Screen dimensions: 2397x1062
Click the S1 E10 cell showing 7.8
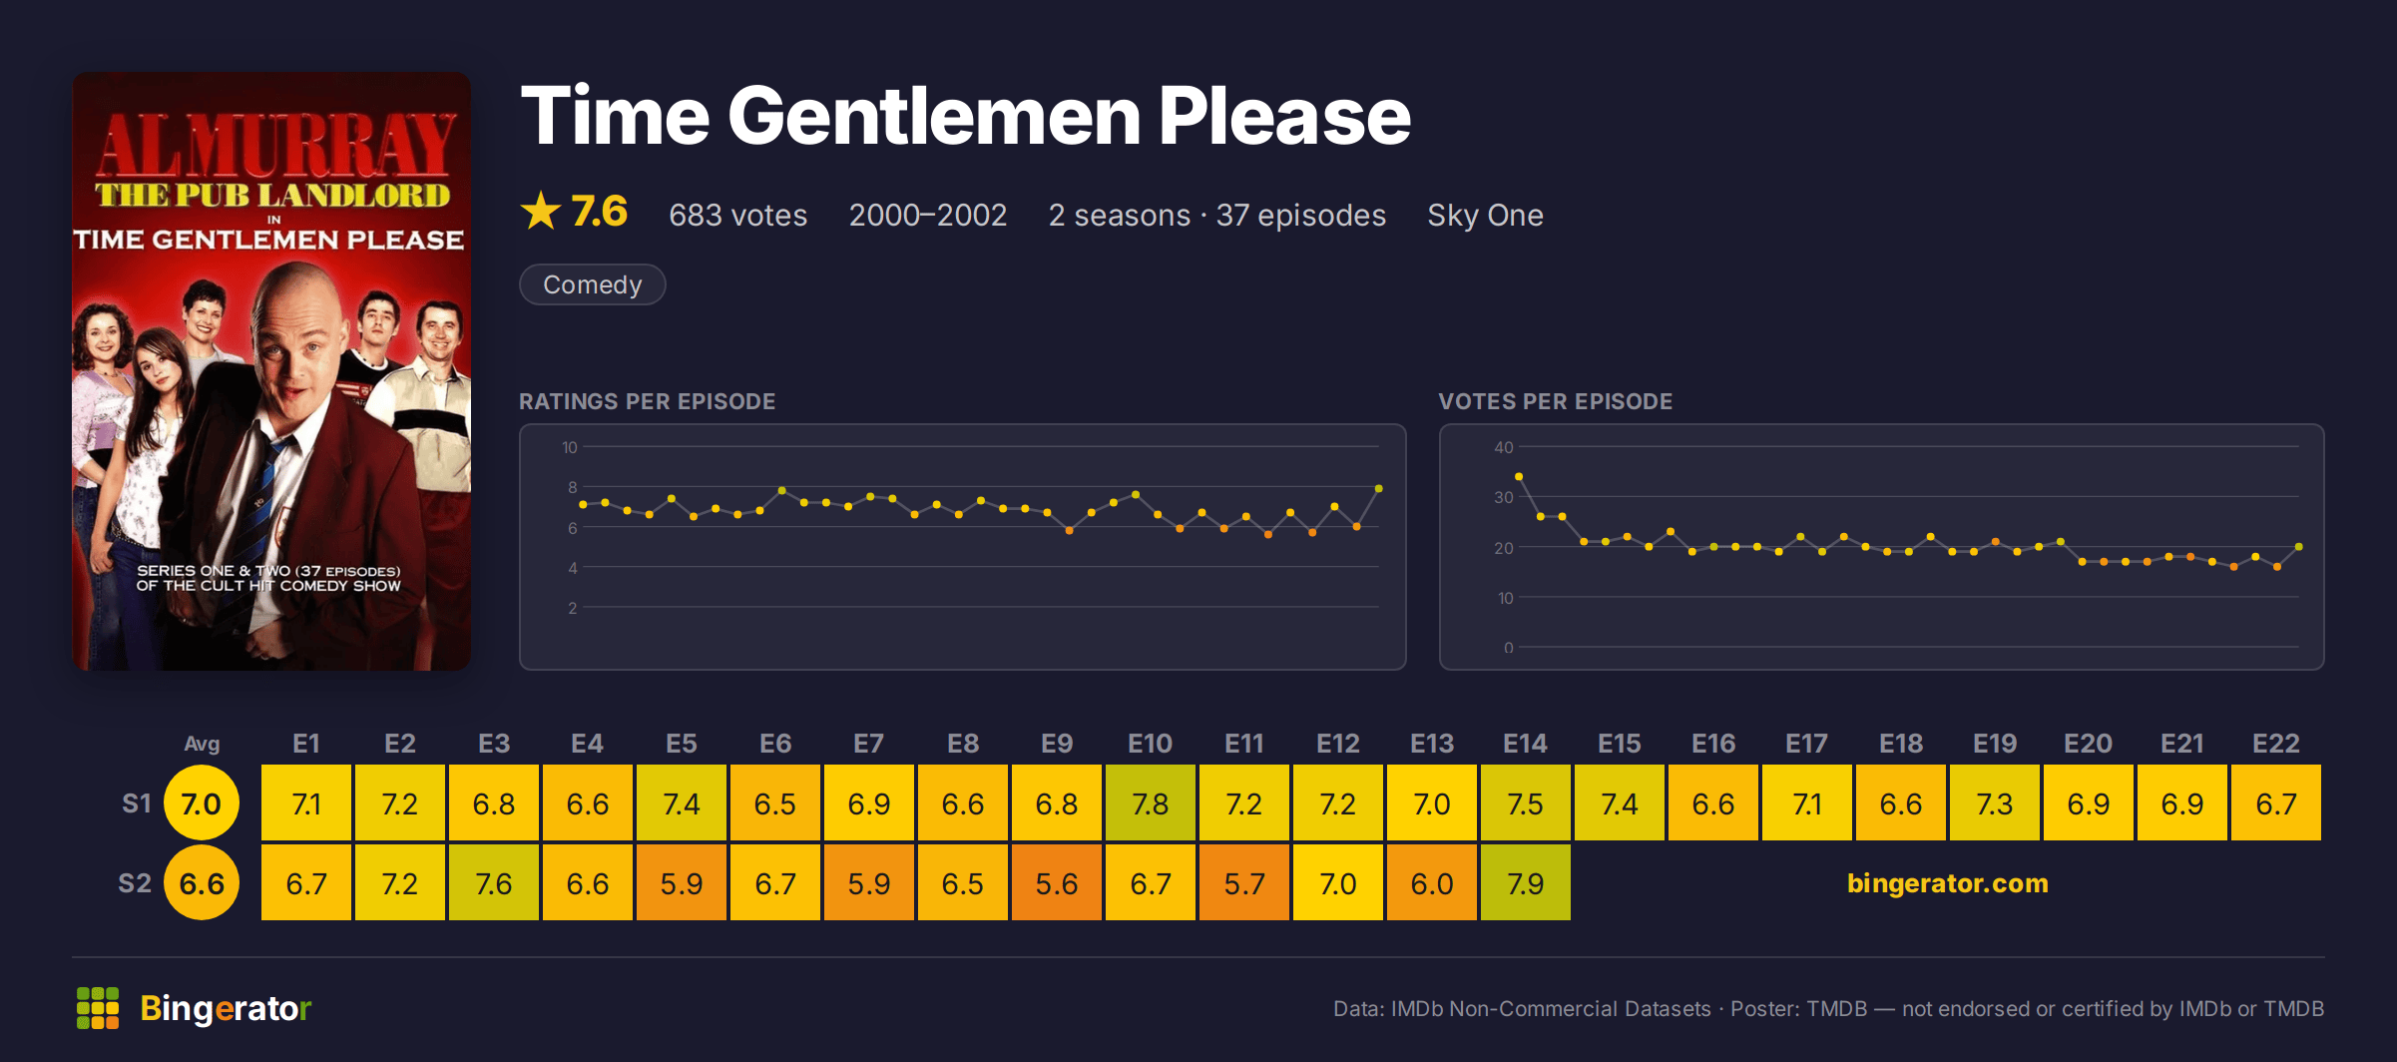(1150, 802)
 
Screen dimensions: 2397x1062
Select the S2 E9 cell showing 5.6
(1056, 882)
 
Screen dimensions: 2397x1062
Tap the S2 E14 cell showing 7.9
(1525, 882)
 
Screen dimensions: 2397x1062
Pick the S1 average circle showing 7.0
(202, 802)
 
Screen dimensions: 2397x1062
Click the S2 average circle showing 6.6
(202, 882)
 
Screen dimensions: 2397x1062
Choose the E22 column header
(2275, 744)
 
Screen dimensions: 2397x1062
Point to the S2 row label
(135, 883)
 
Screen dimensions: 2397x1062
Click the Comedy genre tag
(592, 284)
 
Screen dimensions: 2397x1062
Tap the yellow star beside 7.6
(541, 212)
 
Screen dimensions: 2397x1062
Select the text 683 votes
(737, 215)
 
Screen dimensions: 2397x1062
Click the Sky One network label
(1485, 215)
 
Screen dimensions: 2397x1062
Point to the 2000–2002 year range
(927, 215)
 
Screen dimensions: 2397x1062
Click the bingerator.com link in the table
(1947, 883)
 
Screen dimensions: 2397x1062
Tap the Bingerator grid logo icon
(98, 1008)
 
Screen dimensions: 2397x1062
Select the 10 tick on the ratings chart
(570, 447)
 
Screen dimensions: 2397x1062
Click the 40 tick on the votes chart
(1504, 447)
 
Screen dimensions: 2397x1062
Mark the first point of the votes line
(1519, 477)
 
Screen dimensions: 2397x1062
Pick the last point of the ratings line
(1378, 489)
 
